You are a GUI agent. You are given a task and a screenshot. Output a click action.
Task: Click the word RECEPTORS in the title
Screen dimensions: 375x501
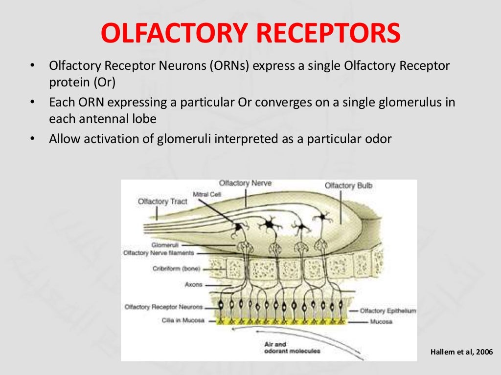pyautogui.click(x=329, y=33)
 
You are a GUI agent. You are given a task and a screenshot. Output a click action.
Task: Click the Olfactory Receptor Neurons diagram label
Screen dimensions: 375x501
pyautogui.click(x=163, y=307)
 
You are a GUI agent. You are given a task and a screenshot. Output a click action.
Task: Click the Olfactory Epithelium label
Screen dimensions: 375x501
pyautogui.click(x=387, y=311)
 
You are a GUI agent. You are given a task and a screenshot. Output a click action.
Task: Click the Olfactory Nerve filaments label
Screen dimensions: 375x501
pyautogui.click(x=159, y=253)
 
